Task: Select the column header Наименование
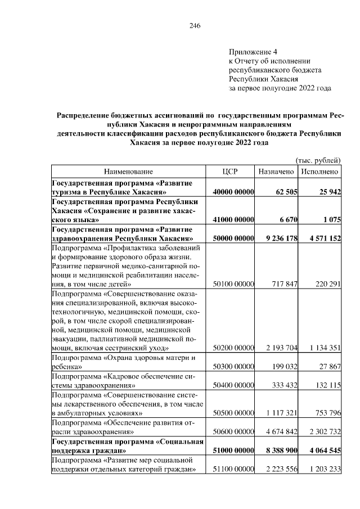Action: point(128,172)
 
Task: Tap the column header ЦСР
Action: point(231,172)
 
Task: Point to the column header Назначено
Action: point(276,172)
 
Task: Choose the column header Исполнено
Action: point(319,172)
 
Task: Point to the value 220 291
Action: point(325,284)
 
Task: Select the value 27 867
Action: point(328,366)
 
